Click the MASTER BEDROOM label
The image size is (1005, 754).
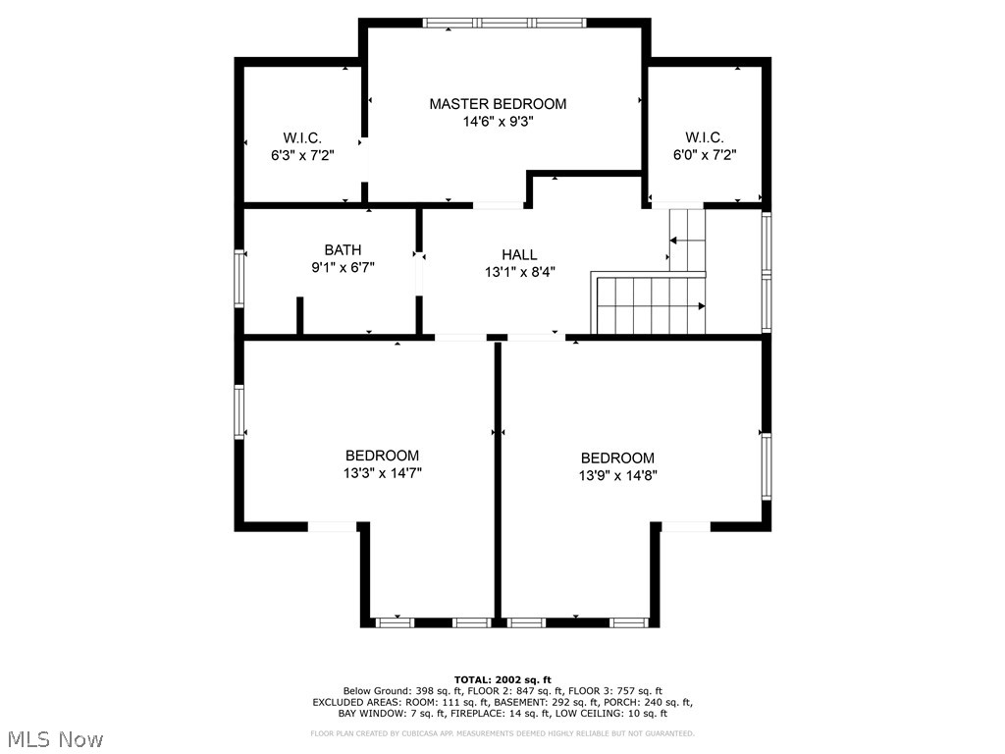[498, 103]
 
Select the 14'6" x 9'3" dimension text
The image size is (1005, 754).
[498, 122]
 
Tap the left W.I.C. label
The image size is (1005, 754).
[302, 137]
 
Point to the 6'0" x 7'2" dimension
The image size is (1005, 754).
[705, 154]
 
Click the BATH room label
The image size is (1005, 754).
[343, 249]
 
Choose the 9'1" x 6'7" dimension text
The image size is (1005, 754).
[343, 266]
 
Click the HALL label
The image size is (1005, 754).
[519, 254]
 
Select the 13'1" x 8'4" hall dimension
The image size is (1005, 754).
[519, 272]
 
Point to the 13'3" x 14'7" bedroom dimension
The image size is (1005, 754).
[382, 472]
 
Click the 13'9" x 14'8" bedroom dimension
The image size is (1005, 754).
[617, 475]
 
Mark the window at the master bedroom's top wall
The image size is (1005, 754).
[504, 22]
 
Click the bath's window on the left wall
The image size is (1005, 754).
[238, 279]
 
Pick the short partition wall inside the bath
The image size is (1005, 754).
[300, 316]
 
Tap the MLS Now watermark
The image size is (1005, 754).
[55, 738]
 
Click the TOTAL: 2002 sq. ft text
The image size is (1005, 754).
[502, 679]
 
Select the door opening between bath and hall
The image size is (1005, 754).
[419, 271]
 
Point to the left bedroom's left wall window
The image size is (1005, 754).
[238, 411]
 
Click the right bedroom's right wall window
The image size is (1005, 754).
[767, 466]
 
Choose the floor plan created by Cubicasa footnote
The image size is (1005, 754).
[502, 733]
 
